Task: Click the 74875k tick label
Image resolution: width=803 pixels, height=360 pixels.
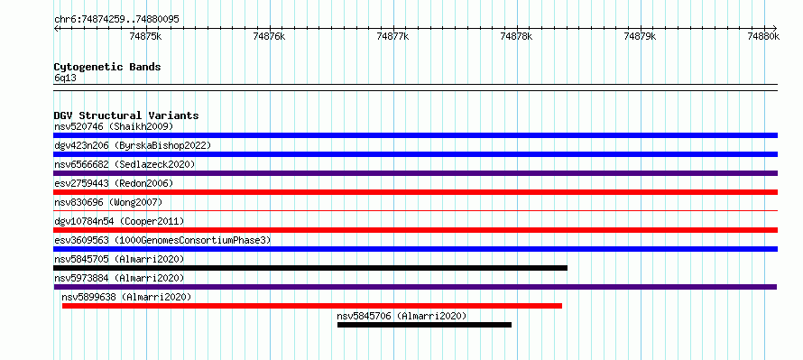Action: pyautogui.click(x=146, y=36)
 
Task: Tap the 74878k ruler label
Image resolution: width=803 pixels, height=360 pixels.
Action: pyautogui.click(x=516, y=36)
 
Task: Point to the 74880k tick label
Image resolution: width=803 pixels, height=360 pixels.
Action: pyautogui.click(x=763, y=36)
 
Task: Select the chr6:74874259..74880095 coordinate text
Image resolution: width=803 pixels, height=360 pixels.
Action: pyautogui.click(x=116, y=20)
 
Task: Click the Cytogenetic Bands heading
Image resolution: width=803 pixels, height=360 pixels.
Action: pyautogui.click(x=107, y=67)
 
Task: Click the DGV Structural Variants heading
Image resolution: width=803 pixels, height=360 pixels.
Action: pyautogui.click(x=126, y=115)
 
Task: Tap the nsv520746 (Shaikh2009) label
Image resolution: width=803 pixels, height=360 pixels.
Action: pyautogui.click(x=114, y=126)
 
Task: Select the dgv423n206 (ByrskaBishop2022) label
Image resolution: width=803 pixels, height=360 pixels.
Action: pyautogui.click(x=133, y=145)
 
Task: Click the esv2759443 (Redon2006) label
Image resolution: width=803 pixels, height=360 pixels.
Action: pyautogui.click(x=114, y=183)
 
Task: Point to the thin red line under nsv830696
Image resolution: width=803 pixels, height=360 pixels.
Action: pyautogui.click(x=415, y=210)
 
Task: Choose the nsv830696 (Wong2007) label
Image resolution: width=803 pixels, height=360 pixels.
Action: pyautogui.click(x=108, y=202)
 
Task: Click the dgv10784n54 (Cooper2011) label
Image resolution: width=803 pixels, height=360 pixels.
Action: pyautogui.click(x=119, y=221)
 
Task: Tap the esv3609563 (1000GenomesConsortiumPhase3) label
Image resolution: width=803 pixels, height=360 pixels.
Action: pyautogui.click(x=162, y=240)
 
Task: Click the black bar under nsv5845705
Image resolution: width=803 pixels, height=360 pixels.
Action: pyautogui.click(x=310, y=268)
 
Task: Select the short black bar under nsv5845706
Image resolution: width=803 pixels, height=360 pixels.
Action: pyautogui.click(x=425, y=325)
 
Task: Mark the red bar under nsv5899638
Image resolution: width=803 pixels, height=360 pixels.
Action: pyautogui.click(x=312, y=306)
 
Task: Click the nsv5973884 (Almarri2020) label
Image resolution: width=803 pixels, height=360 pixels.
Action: pyautogui.click(x=119, y=278)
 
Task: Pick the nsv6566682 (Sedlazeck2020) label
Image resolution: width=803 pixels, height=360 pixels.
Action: pyautogui.click(x=125, y=164)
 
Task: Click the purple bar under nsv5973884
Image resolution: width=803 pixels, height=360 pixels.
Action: pyautogui.click(x=415, y=287)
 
